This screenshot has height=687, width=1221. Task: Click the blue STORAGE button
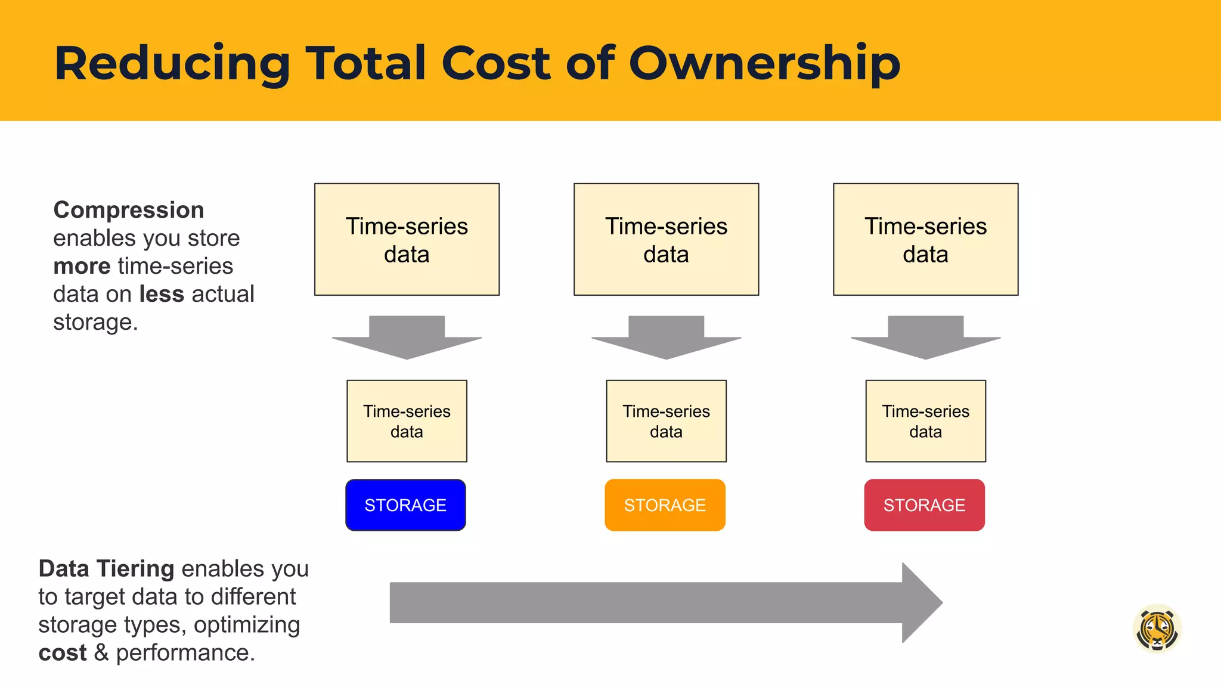click(x=405, y=505)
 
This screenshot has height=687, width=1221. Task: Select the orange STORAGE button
click(x=665, y=505)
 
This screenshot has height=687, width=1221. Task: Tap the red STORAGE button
click(x=924, y=505)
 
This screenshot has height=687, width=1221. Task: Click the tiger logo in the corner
click(x=1157, y=629)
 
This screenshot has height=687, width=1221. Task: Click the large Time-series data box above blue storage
click(x=407, y=239)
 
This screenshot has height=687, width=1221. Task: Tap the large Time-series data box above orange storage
click(x=667, y=239)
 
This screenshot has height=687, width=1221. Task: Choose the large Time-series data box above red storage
click(x=926, y=239)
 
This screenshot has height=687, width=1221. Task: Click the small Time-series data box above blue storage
click(x=407, y=421)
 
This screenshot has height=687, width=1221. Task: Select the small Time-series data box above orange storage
click(x=667, y=421)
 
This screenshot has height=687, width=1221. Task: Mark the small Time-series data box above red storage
click(x=926, y=421)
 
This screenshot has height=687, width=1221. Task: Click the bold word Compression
click(x=129, y=211)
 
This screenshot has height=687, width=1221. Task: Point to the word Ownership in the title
click(x=764, y=63)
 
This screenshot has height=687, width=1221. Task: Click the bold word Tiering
click(x=137, y=569)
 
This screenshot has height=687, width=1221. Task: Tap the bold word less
click(x=162, y=294)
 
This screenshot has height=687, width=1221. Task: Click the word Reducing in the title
click(x=172, y=63)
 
